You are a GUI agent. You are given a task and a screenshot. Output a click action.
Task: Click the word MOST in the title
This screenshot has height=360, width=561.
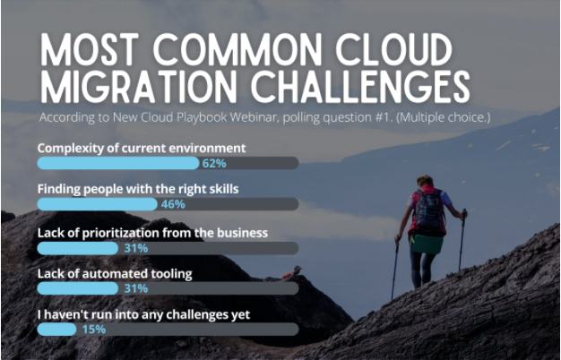pyautogui.click(x=90, y=49)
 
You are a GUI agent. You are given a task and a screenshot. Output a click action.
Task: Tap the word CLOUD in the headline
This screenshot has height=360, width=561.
pyautogui.click(x=394, y=49)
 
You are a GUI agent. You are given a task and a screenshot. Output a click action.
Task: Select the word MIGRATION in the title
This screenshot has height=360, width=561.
pyautogui.click(x=139, y=87)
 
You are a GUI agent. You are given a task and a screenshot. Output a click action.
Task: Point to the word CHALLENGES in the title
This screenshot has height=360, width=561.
pyautogui.click(x=360, y=87)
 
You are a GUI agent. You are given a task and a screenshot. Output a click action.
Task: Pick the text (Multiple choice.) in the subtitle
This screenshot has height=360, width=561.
pyautogui.click(x=443, y=117)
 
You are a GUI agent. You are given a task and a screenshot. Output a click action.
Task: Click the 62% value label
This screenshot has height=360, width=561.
pyautogui.click(x=214, y=163)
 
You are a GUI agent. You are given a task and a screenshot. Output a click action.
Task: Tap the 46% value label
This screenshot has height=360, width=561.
pyautogui.click(x=173, y=204)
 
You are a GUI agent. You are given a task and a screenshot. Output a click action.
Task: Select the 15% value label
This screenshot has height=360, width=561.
pyautogui.click(x=94, y=330)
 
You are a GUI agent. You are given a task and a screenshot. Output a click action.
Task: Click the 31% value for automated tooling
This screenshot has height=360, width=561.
pyautogui.click(x=135, y=288)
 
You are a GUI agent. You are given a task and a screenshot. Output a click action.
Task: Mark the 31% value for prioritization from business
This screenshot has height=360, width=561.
pyautogui.click(x=135, y=248)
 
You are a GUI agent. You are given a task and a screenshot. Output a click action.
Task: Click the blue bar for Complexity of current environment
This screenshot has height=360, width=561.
pyautogui.click(x=118, y=163)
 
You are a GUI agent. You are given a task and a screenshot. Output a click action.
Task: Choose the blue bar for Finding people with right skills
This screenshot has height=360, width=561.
pyautogui.click(x=98, y=204)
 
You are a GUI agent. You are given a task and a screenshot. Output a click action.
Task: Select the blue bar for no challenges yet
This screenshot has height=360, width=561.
pyautogui.click(x=56, y=330)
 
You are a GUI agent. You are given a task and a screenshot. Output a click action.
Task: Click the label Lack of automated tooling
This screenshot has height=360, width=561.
pyautogui.click(x=115, y=274)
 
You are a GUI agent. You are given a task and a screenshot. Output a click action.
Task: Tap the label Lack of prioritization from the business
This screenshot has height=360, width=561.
pyautogui.click(x=152, y=233)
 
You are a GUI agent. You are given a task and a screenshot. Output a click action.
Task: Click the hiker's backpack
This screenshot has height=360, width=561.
pyautogui.click(x=428, y=211)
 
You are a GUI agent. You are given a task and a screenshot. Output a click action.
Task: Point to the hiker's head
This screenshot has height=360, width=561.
pyautogui.click(x=425, y=181)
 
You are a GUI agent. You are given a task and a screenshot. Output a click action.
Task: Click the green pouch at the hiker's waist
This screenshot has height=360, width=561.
pyautogui.click(x=427, y=244)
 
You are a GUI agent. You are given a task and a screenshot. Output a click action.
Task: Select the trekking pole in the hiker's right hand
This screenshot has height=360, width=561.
pyautogui.click(x=462, y=239)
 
